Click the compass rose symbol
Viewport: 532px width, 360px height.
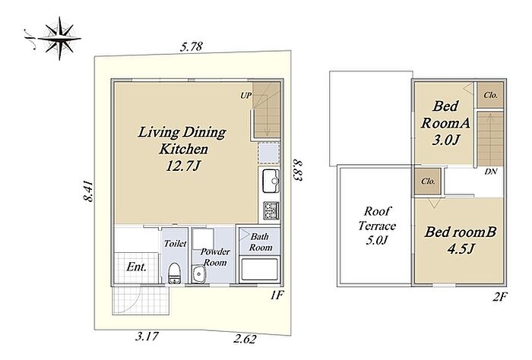59,38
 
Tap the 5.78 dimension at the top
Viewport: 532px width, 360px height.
192,46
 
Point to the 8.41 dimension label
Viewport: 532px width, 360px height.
89,191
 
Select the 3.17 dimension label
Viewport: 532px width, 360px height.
147,336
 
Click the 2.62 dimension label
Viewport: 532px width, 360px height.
245,338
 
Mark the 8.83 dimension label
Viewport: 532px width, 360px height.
296,170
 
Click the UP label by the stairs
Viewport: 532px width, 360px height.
246,96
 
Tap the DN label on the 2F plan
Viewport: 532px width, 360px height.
491,172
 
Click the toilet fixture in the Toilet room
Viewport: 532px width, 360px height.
175,273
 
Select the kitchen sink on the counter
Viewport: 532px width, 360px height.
270,181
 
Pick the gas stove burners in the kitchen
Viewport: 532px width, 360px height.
271,210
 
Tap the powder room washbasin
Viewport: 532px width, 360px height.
198,274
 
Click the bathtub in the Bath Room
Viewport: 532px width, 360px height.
260,270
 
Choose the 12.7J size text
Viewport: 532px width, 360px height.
182,166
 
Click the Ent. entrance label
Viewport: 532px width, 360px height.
136,267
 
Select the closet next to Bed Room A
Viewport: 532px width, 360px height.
489,95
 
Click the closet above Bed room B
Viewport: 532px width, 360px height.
428,182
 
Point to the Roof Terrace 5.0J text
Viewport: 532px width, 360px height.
377,226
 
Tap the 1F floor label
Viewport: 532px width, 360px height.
276,295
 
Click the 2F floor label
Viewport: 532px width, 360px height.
500,297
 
